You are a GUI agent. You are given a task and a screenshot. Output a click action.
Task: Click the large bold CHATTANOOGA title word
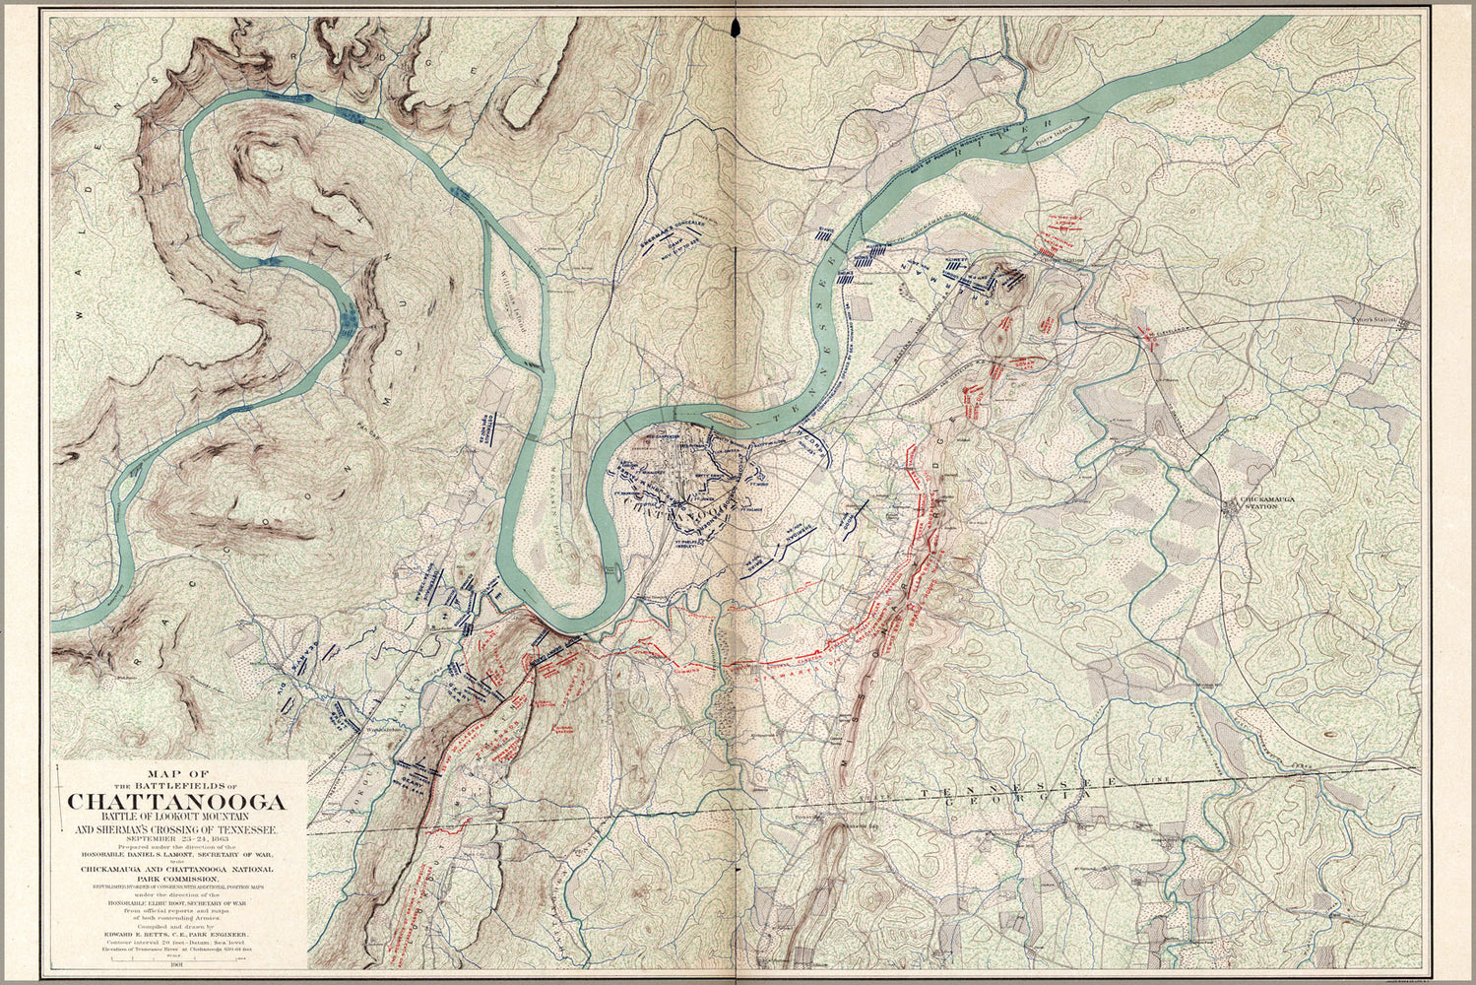(x=177, y=800)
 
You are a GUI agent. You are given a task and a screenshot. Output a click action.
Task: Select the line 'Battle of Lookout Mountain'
(x=177, y=816)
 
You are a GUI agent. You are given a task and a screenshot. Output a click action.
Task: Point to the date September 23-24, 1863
(x=177, y=838)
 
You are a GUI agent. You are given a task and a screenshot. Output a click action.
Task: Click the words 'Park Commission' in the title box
(x=177, y=879)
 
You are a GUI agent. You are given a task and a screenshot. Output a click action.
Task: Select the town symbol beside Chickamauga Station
(x=1231, y=506)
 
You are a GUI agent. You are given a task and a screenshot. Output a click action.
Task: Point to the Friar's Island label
(x=1052, y=141)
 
